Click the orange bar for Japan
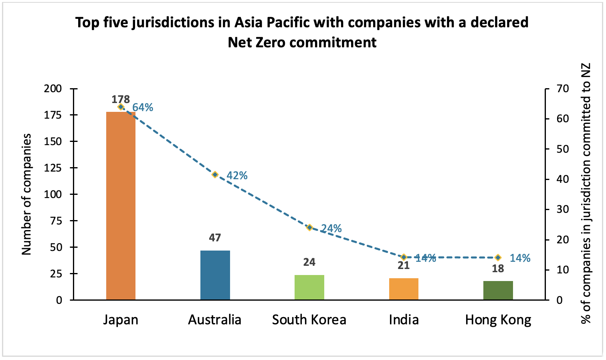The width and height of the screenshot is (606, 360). [x=121, y=205]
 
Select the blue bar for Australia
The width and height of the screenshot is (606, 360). [x=215, y=275]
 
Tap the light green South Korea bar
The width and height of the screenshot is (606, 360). [x=309, y=287]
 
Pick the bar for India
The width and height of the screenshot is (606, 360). [x=404, y=289]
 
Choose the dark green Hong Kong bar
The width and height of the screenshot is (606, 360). [x=498, y=290]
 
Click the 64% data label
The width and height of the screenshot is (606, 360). [x=143, y=107]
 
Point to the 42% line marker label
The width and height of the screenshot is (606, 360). [x=237, y=176]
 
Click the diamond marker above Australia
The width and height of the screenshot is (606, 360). [x=215, y=174]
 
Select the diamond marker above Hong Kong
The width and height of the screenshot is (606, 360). [x=498, y=257]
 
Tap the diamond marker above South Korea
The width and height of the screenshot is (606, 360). [x=309, y=227]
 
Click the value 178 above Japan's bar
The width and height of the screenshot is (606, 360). [x=121, y=99]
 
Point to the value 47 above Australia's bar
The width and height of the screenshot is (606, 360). [x=215, y=238]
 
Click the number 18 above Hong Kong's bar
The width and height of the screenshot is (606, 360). [x=498, y=269]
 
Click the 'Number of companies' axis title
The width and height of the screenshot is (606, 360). [x=26, y=194]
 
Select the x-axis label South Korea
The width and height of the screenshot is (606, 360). [x=309, y=320]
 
